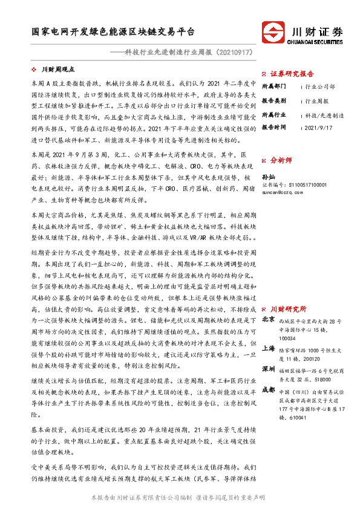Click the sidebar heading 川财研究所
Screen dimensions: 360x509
(x=289, y=308)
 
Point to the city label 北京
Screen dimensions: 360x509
(x=267, y=321)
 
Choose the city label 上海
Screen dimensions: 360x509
(x=267, y=349)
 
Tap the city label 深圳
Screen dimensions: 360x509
(x=267, y=368)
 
